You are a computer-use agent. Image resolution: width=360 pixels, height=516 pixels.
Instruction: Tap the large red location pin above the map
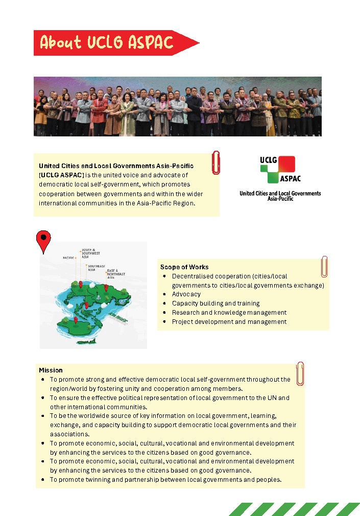point(43,241)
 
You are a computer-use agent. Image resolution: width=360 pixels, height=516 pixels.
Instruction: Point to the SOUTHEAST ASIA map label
point(96,268)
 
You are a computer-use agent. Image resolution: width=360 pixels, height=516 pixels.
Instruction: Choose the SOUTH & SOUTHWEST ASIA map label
point(91,253)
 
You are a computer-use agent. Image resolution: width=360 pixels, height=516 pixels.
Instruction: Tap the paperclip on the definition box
point(216,162)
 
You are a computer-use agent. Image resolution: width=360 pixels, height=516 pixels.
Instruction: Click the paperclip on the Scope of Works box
point(324,266)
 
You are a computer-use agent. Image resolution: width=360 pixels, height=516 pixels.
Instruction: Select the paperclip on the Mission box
point(300,373)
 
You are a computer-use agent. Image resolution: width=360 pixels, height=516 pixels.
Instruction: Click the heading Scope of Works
point(184,267)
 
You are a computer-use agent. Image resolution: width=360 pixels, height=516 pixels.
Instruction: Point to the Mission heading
point(51,370)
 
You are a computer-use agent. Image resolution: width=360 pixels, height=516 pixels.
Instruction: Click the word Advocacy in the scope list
point(186,294)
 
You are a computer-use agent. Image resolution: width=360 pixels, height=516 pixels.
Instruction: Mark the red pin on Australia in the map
point(76,320)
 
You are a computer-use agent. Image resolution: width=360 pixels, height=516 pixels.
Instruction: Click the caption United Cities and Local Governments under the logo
point(280,194)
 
